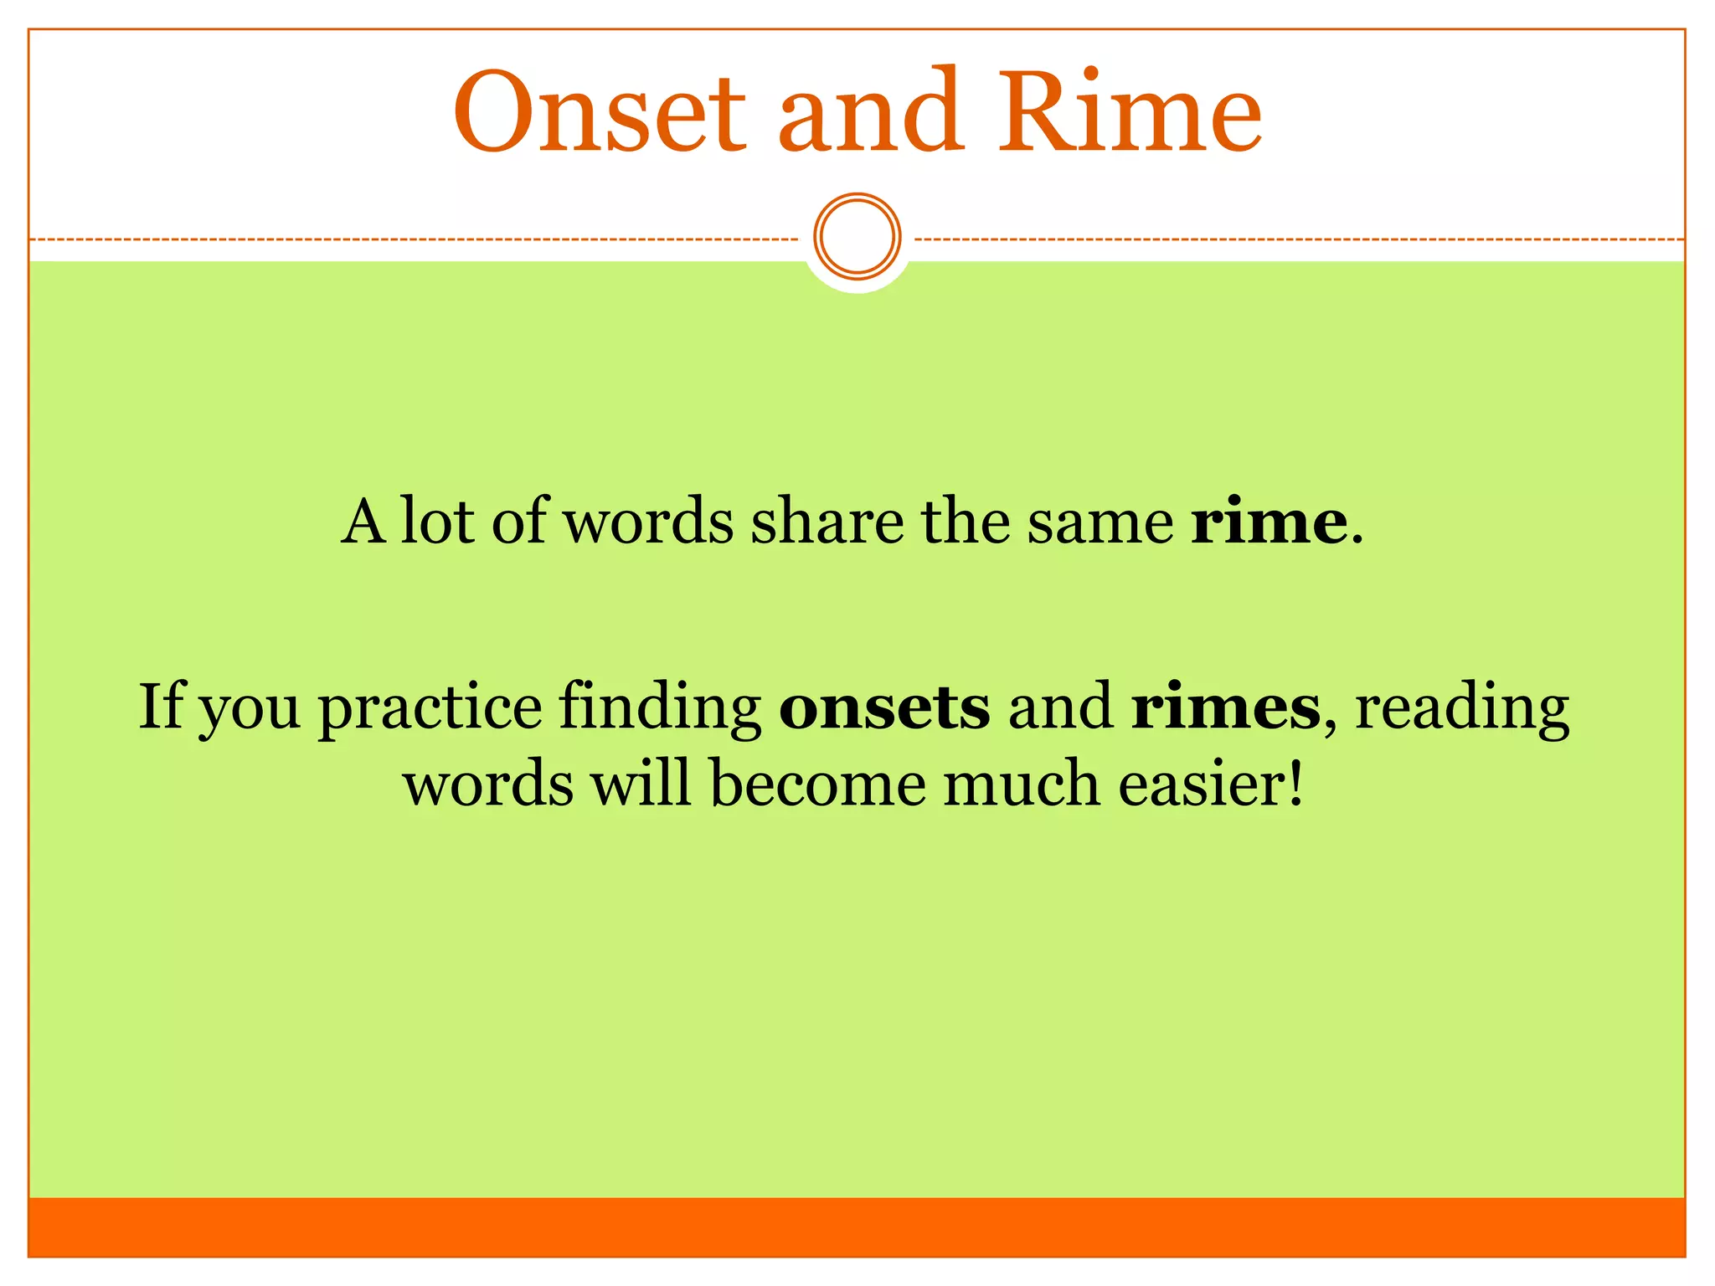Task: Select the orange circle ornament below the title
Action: (857, 236)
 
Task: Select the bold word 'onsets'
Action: (884, 708)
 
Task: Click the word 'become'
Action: (817, 785)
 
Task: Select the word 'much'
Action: (1022, 785)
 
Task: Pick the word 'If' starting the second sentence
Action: (160, 707)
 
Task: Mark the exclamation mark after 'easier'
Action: (1295, 785)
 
